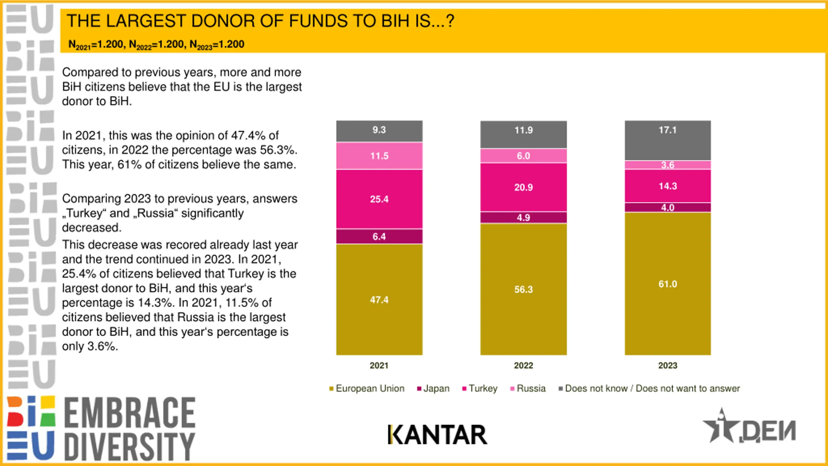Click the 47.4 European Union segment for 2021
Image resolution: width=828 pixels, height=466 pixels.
point(379,299)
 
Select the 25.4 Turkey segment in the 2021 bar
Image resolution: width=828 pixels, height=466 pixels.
point(379,199)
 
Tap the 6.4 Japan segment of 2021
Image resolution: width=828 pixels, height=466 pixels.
point(379,237)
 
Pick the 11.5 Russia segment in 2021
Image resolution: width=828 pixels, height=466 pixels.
point(379,156)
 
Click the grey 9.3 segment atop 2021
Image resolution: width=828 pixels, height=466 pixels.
point(379,130)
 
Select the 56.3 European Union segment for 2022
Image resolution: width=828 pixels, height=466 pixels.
point(523,289)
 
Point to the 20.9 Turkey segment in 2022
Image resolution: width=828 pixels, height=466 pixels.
point(523,187)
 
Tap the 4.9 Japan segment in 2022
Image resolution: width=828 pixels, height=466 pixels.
point(523,217)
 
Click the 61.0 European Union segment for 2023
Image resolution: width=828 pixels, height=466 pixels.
point(668,284)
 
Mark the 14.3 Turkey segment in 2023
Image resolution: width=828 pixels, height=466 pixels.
point(668,186)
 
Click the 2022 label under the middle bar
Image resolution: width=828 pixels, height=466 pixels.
point(523,365)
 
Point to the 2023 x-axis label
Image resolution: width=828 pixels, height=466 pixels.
point(668,365)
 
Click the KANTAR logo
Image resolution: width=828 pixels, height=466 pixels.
point(437,435)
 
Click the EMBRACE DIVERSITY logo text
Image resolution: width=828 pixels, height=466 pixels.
point(129,429)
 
